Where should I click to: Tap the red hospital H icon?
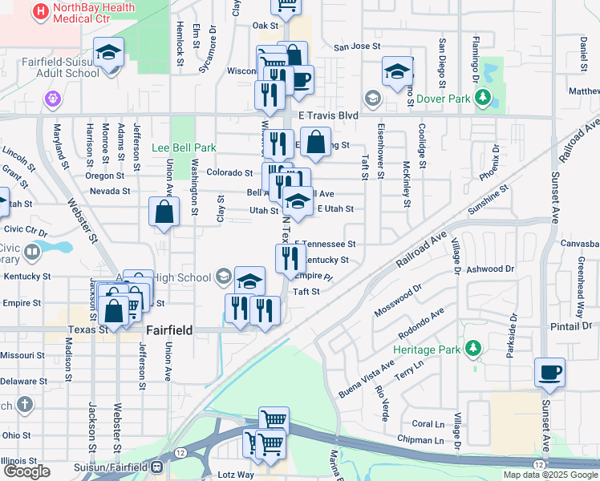pos(40,11)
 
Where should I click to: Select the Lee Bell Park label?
pos(184,148)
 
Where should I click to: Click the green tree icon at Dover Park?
pos(483,99)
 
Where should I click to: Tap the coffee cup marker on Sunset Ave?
pos(550,373)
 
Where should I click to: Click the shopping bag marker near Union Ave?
pos(164,213)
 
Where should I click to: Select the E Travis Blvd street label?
pos(327,115)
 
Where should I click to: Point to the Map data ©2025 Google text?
pos(550,475)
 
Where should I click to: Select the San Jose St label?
pos(356,46)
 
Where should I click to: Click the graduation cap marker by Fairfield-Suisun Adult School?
pos(108,53)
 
